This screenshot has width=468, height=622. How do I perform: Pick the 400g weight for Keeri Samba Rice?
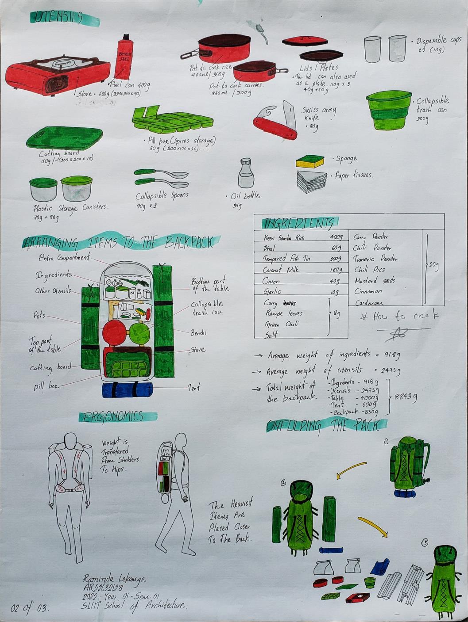[x=336, y=237]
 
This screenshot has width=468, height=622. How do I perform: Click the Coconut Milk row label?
[x=281, y=270]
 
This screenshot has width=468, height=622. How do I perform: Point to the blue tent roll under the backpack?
[x=127, y=390]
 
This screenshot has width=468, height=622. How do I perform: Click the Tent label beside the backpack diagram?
[x=194, y=388]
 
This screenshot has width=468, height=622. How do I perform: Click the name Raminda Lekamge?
[x=114, y=579]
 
